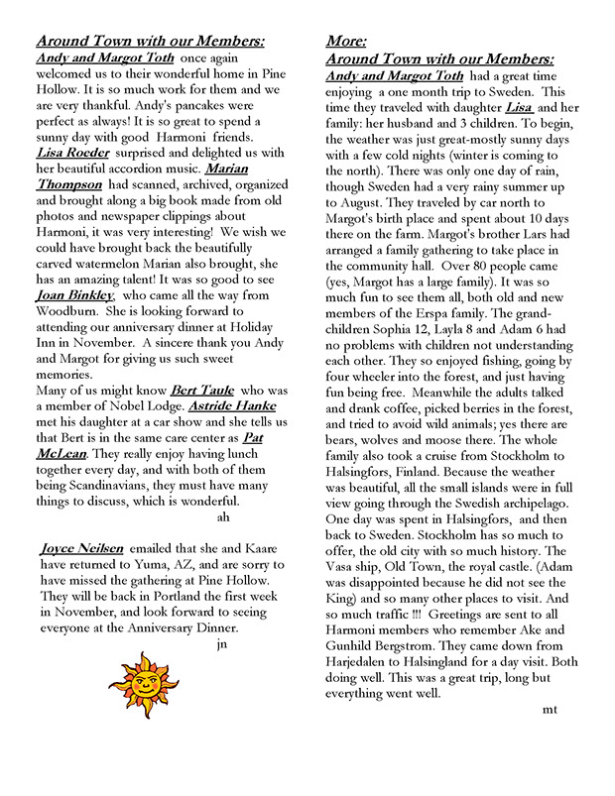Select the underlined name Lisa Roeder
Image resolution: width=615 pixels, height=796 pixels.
point(73,153)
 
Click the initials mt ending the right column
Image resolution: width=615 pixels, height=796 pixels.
point(552,710)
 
